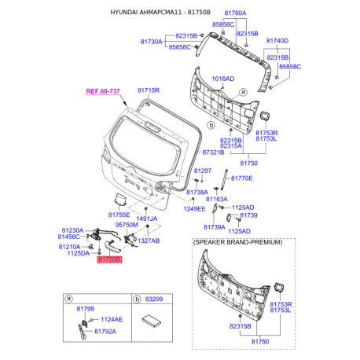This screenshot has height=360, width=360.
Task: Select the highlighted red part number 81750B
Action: pyautogui.click(x=109, y=258)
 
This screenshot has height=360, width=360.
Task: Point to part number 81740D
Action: pyautogui.click(x=277, y=40)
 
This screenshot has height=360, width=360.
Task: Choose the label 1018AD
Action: pyautogui.click(x=223, y=79)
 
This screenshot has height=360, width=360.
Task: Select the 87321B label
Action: pyautogui.click(x=214, y=152)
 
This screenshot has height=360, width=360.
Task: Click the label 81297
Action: pyautogui.click(x=203, y=171)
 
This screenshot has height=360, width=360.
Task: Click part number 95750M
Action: pyautogui.click(x=127, y=224)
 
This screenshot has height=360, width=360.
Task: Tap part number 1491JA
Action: pyautogui.click(x=148, y=219)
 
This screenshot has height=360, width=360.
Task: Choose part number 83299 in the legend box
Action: pyautogui.click(x=154, y=299)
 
